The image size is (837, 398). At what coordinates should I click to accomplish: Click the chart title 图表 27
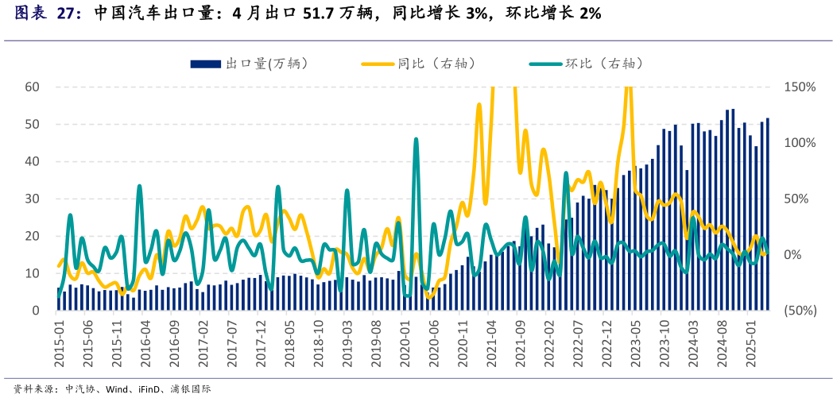tap(48, 14)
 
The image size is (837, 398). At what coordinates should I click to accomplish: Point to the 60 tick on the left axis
tap(33, 87)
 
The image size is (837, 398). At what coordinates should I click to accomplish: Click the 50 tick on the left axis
tap(33, 124)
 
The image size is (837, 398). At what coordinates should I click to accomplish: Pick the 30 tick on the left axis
tap(33, 199)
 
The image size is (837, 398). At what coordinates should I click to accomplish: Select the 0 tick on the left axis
tap(37, 311)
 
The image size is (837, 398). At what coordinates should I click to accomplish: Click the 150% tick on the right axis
tap(799, 87)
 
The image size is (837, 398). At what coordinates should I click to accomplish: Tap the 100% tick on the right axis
tap(799, 143)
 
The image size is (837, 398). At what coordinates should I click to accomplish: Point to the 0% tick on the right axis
tap(794, 255)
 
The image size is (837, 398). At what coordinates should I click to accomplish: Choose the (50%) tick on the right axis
tap(799, 311)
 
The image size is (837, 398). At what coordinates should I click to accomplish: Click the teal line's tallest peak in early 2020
tap(416, 140)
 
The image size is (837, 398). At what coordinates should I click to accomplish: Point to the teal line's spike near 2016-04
tap(139, 187)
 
